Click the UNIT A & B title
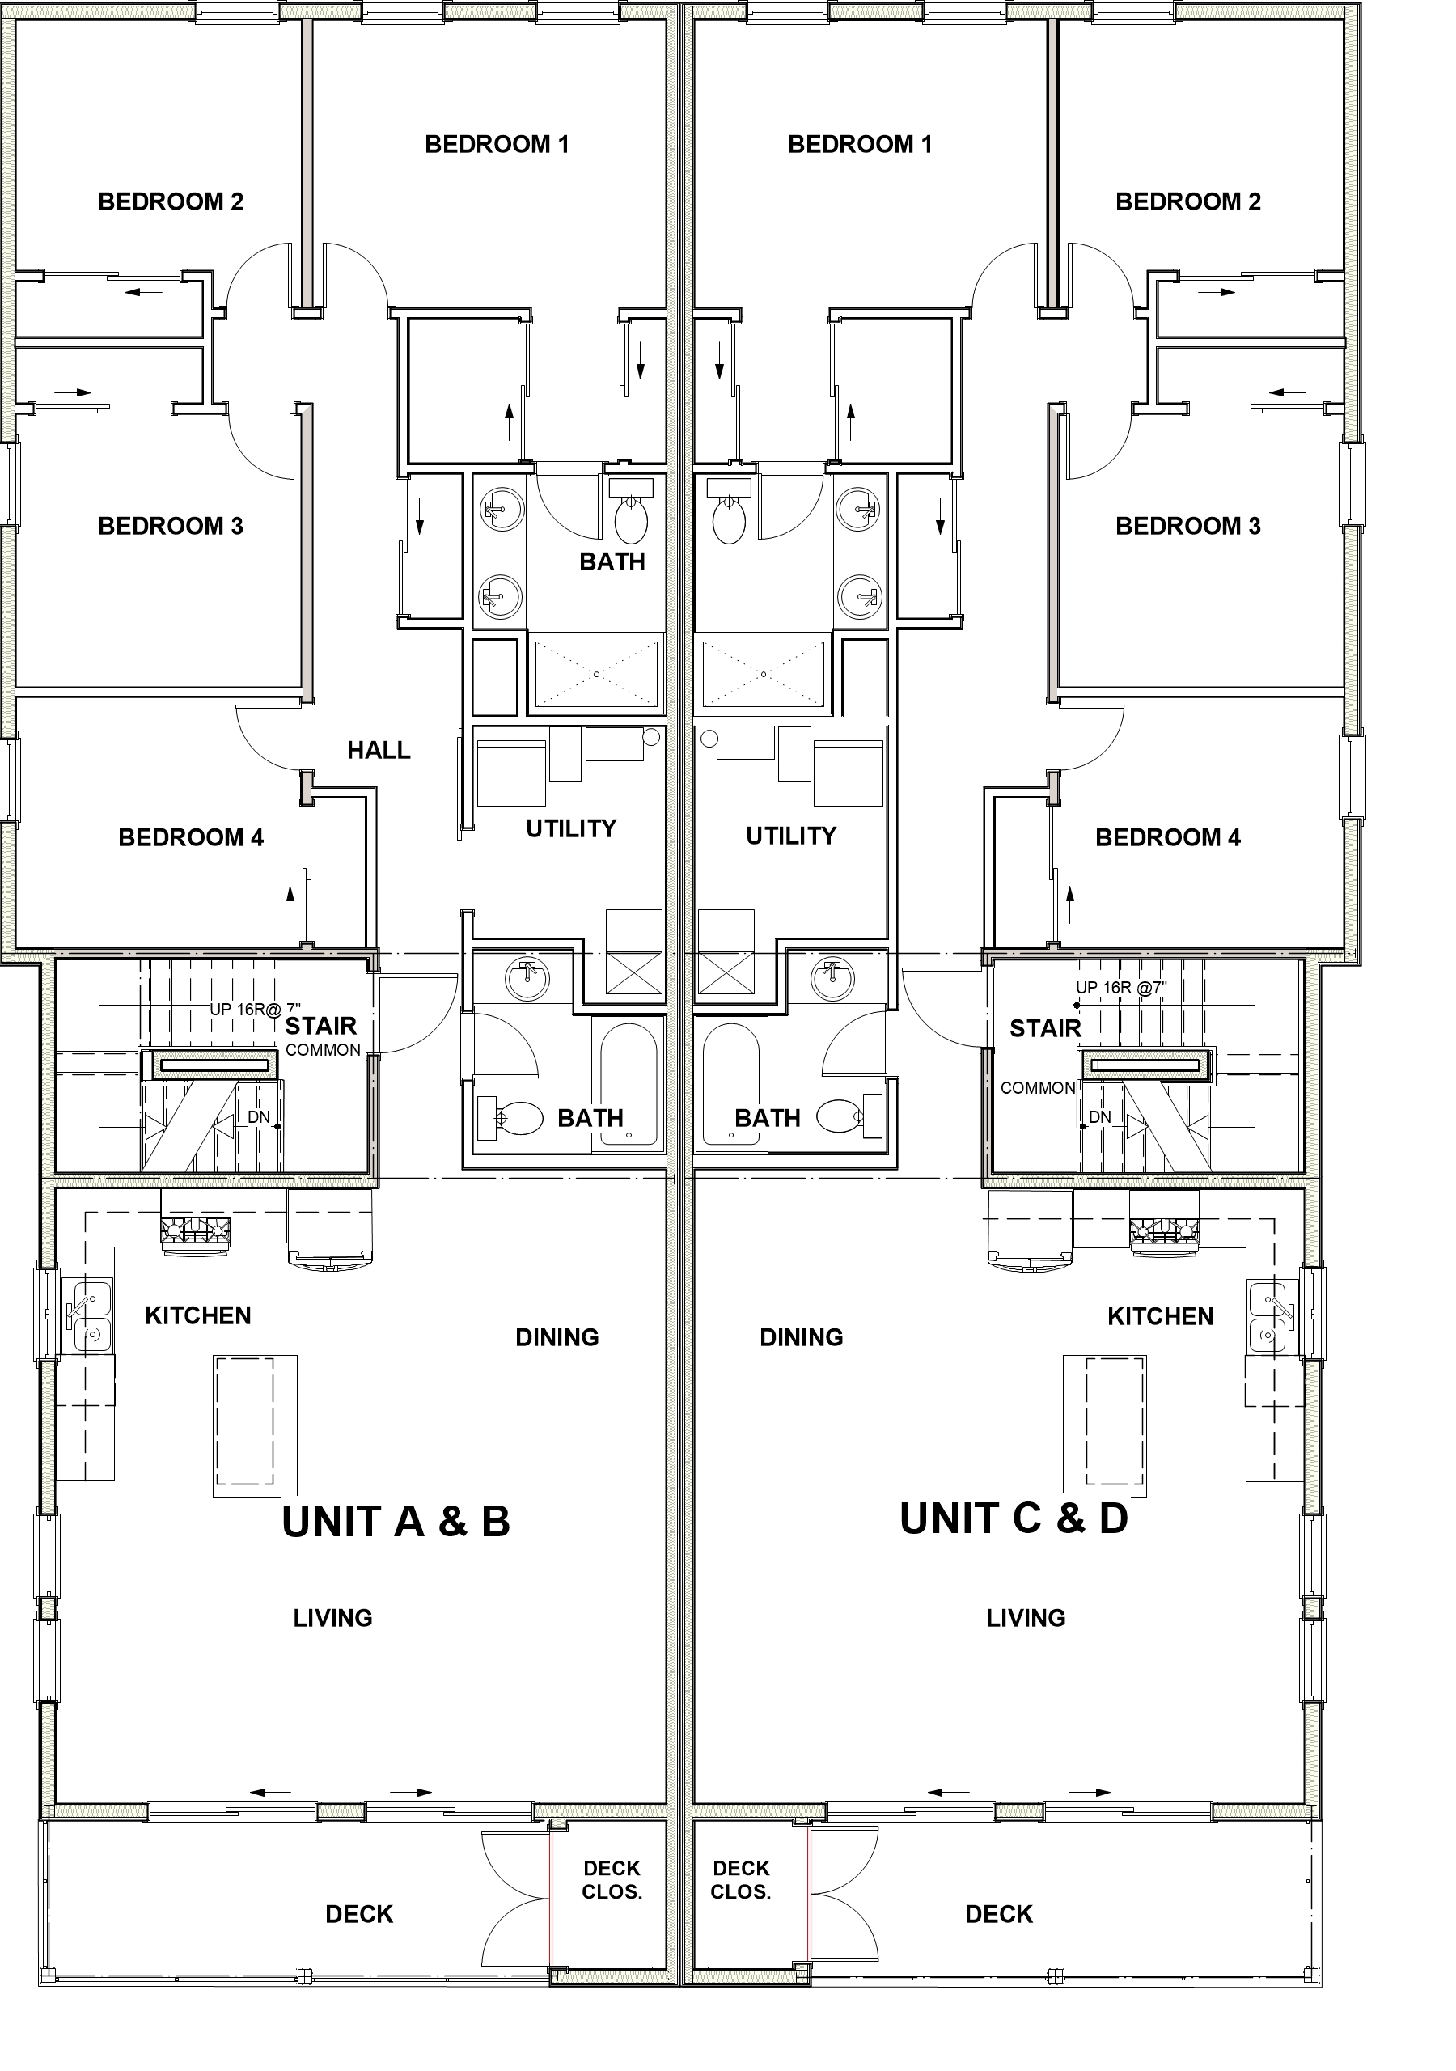396,1522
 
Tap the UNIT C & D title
1014,1519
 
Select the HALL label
379,750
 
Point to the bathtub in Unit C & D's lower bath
730,1085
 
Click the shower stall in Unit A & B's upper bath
596,674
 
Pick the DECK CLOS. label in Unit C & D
741,1880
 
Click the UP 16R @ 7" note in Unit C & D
1121,988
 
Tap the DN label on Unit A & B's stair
259,1116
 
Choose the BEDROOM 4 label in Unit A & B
191,837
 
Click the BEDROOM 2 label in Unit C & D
1188,201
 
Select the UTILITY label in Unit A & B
571,828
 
